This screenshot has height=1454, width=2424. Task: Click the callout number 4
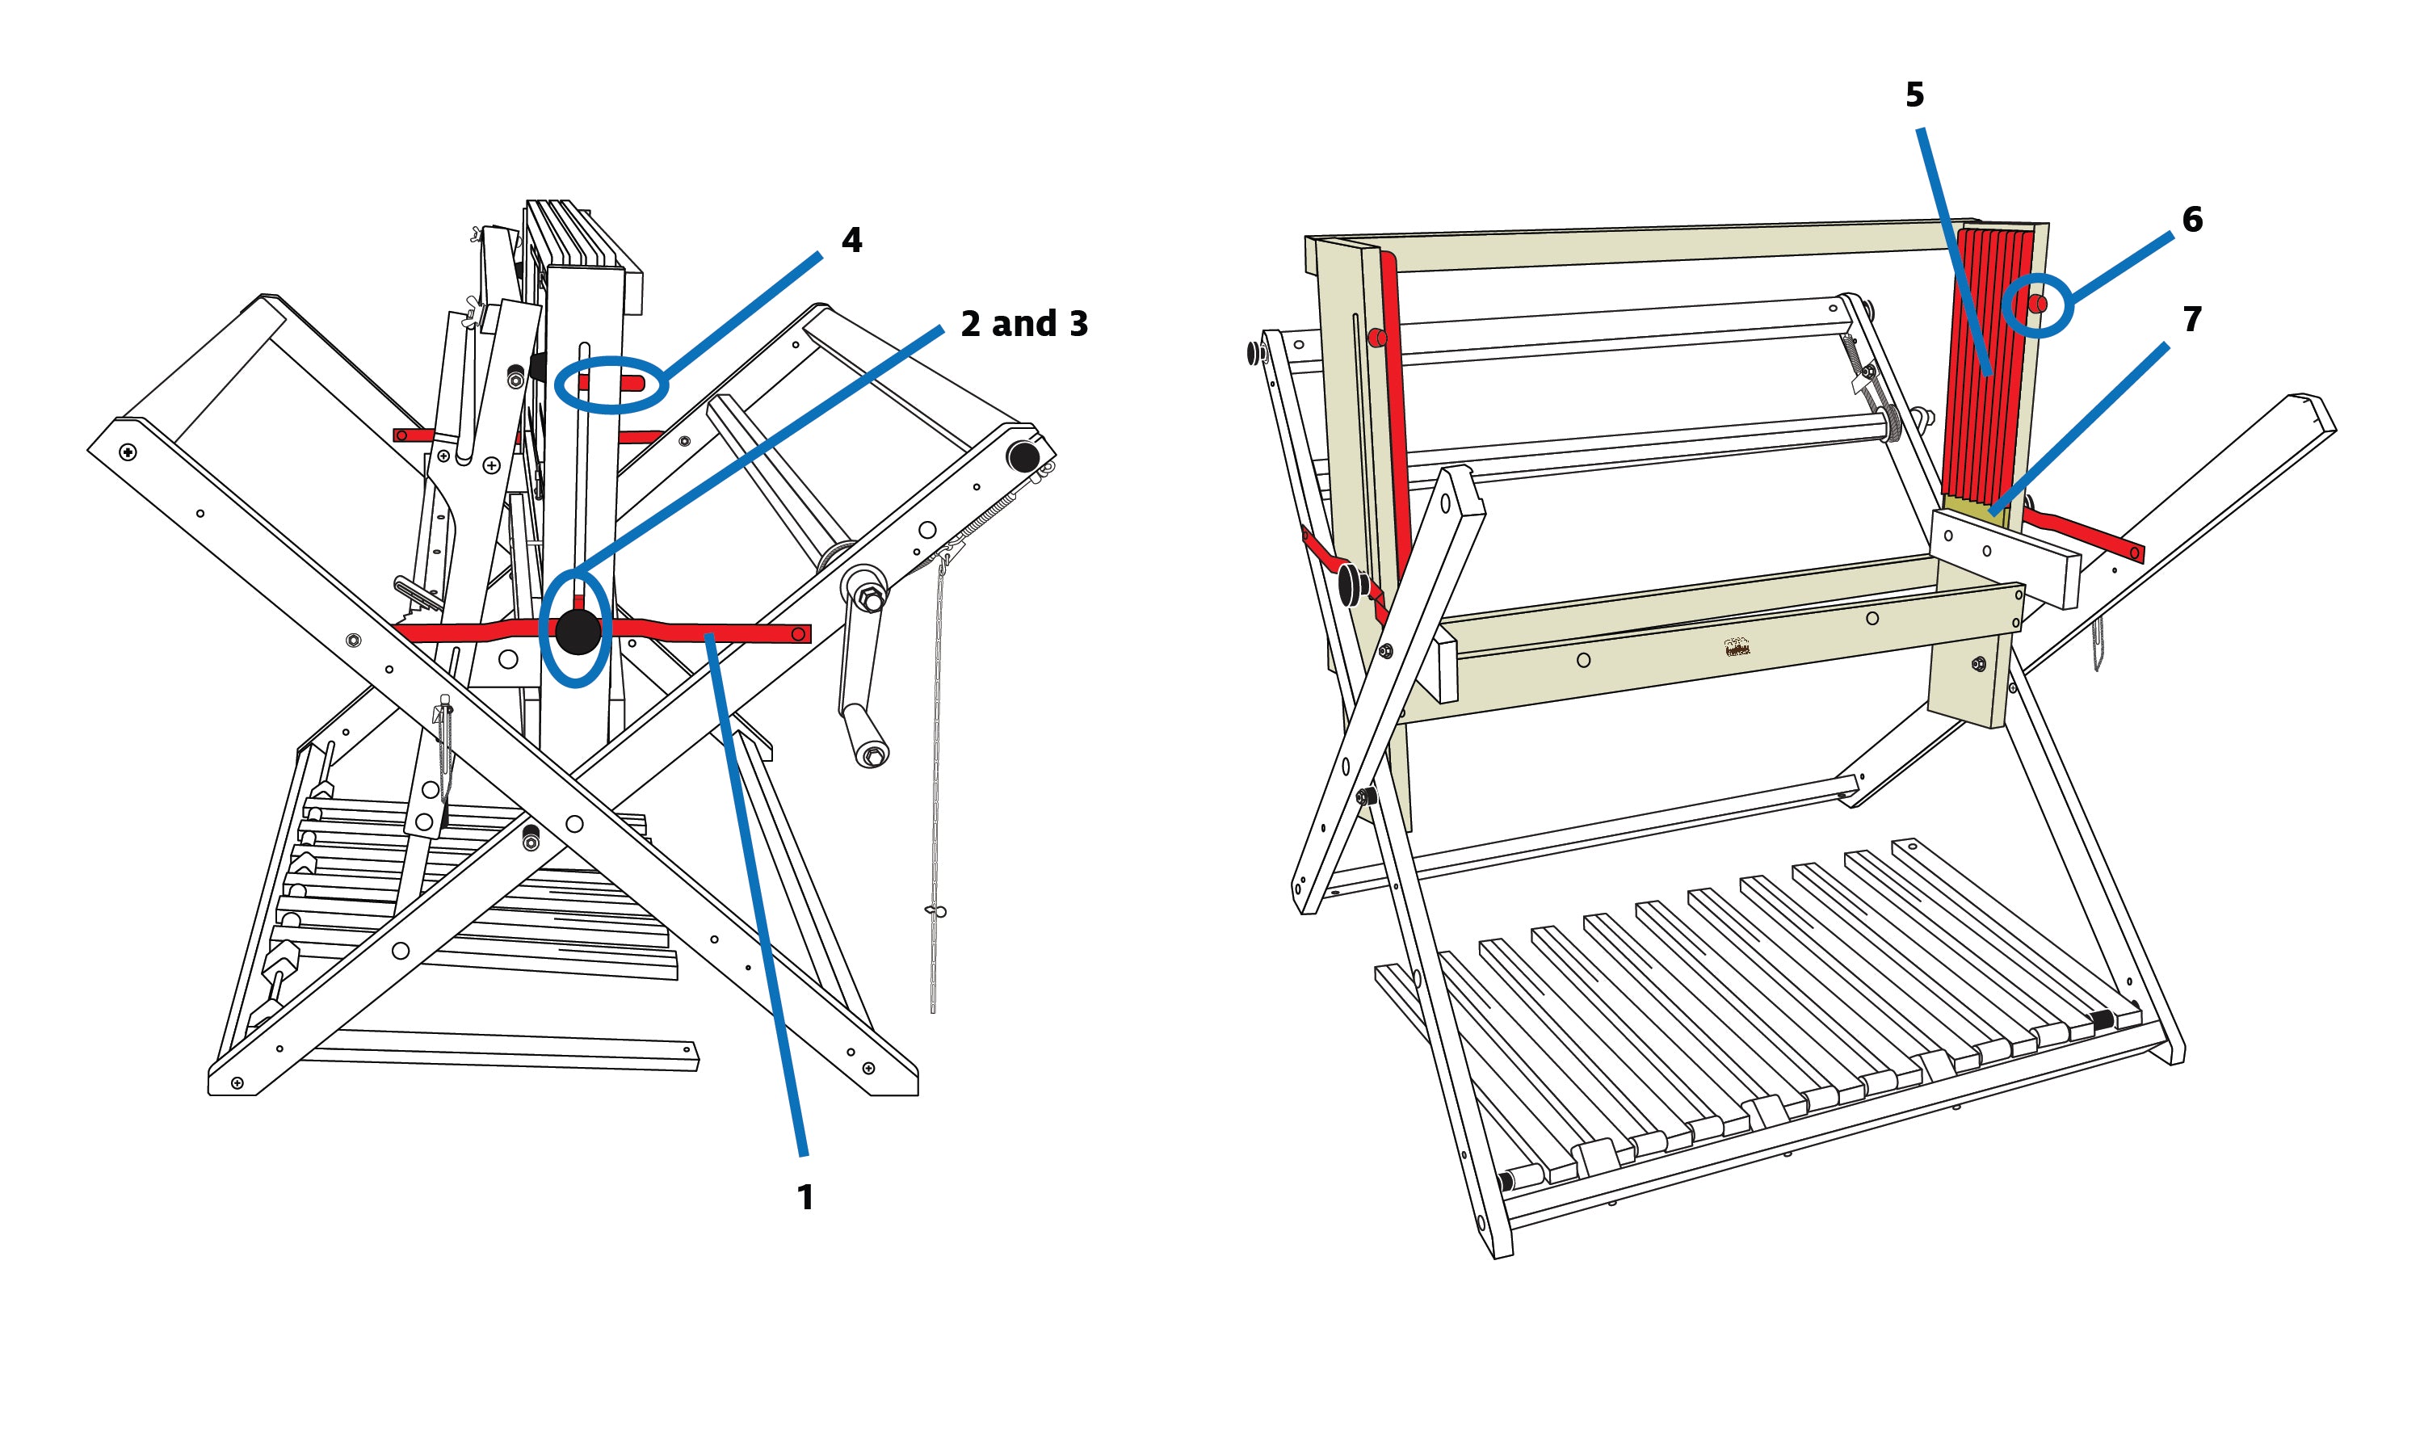click(x=851, y=241)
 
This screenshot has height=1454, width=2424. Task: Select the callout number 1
click(x=805, y=1197)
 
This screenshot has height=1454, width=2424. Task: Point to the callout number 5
click(x=1914, y=95)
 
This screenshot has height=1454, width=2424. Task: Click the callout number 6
click(x=2192, y=220)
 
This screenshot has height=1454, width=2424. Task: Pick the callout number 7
click(x=2192, y=319)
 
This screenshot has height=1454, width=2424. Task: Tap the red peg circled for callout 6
click(x=2037, y=305)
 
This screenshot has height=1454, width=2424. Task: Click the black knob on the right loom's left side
click(x=1352, y=585)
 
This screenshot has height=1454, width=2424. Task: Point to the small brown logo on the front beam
click(x=1736, y=648)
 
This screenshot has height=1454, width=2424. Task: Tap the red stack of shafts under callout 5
click(x=1989, y=363)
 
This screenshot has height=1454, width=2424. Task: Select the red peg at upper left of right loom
click(x=1376, y=340)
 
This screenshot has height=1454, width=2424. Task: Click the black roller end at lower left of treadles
click(x=1506, y=1182)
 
